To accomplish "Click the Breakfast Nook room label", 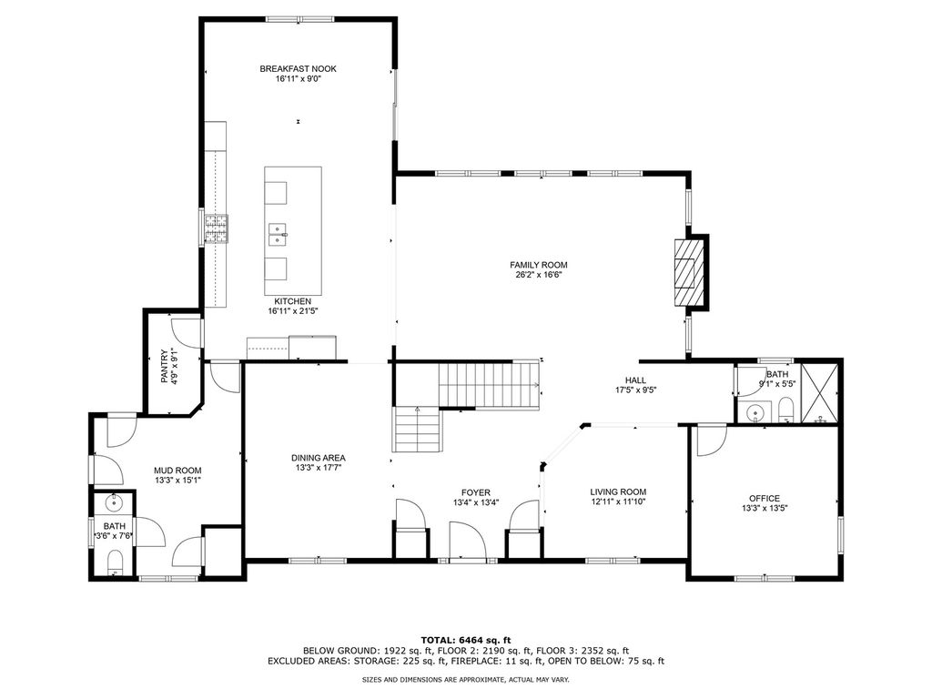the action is (298, 69).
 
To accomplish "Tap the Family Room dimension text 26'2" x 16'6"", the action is (539, 275).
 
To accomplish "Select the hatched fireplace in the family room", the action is (688, 272).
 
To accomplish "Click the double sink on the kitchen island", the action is (278, 235).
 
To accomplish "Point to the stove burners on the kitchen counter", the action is (217, 229).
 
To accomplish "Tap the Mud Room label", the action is (177, 471).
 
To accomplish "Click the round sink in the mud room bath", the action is (114, 502).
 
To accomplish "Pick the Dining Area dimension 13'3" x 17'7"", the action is (319, 468).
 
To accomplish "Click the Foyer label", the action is (476, 492).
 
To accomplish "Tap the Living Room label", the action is (618, 492).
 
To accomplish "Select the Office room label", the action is (765, 499).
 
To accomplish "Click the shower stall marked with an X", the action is (820, 393).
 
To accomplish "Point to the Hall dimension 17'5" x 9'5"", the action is (635, 390).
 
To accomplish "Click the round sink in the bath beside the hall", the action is (755, 411).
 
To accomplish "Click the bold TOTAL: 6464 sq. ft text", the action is (466, 640).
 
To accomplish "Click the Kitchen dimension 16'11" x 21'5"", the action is (293, 311).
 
